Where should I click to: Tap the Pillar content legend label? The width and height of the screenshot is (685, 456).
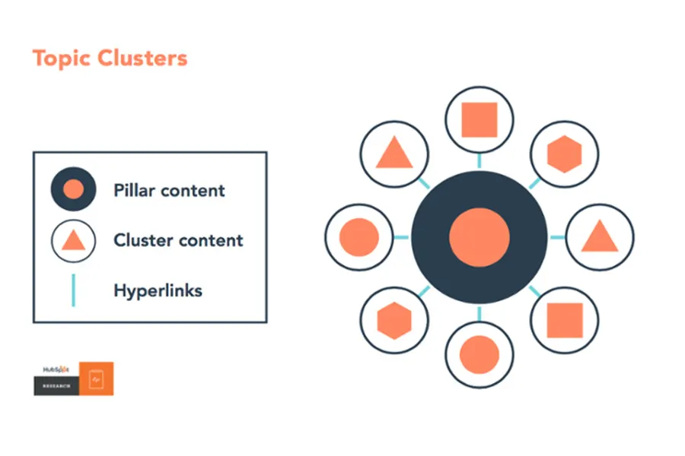pyautogui.click(x=169, y=190)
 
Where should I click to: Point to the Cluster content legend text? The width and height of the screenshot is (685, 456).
pyautogui.click(x=178, y=241)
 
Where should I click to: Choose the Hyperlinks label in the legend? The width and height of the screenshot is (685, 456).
pyautogui.click(x=158, y=290)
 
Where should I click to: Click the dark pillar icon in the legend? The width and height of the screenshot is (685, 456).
pyautogui.click(x=73, y=189)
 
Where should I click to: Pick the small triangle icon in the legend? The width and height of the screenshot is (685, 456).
pyautogui.click(x=73, y=241)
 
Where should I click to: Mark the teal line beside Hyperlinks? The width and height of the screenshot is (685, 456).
pyautogui.click(x=73, y=290)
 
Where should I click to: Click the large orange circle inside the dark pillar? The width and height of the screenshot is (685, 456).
pyautogui.click(x=479, y=238)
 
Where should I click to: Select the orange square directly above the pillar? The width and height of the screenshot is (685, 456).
pyautogui.click(x=479, y=121)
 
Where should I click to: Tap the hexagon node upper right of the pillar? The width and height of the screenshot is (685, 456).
pyautogui.click(x=564, y=154)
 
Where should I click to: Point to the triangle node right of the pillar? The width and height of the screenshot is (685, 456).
pyautogui.click(x=600, y=237)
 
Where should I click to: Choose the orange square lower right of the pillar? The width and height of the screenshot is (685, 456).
pyautogui.click(x=564, y=321)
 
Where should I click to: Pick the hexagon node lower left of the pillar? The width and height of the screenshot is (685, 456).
pyautogui.click(x=393, y=320)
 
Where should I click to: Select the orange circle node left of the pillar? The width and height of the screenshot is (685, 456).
pyautogui.click(x=358, y=237)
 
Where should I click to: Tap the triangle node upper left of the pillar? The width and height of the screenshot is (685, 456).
pyautogui.click(x=393, y=154)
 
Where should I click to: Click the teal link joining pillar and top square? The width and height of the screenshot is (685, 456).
pyautogui.click(x=479, y=161)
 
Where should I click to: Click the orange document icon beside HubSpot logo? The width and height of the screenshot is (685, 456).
pyautogui.click(x=96, y=378)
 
